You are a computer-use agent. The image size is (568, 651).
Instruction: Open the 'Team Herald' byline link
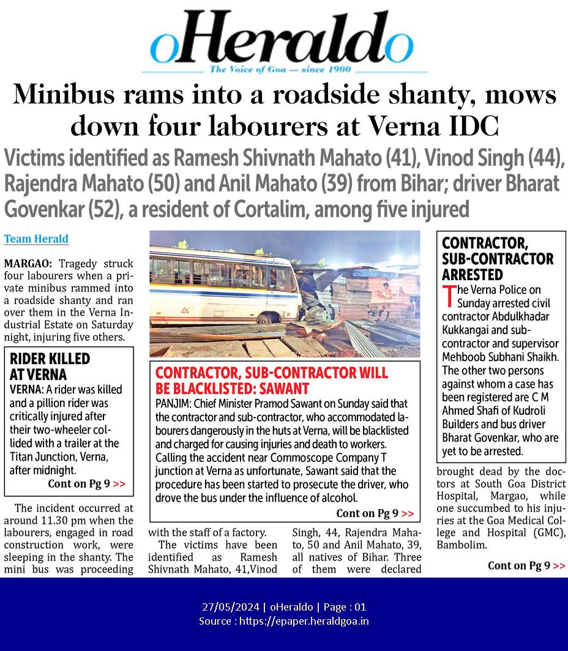pos(36,239)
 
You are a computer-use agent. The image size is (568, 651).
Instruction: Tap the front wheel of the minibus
pos(264,318)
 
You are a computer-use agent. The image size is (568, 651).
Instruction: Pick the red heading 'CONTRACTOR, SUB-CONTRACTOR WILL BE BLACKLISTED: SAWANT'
pos(272,381)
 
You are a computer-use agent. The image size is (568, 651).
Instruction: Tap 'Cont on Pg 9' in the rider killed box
pos(86,484)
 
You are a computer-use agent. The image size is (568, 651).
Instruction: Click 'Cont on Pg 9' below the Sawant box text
pos(375,513)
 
